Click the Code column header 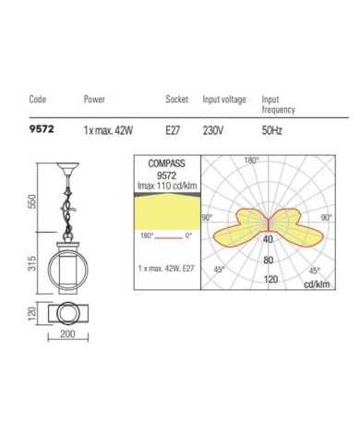click(x=38, y=99)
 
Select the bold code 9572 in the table click(x=42, y=129)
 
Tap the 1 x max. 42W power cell click(x=108, y=130)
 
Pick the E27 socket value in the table click(x=173, y=130)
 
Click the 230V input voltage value click(x=213, y=130)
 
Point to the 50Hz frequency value click(x=271, y=130)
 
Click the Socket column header click(x=177, y=99)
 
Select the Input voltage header click(x=224, y=99)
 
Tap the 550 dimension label click(x=32, y=201)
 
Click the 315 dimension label click(x=32, y=263)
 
